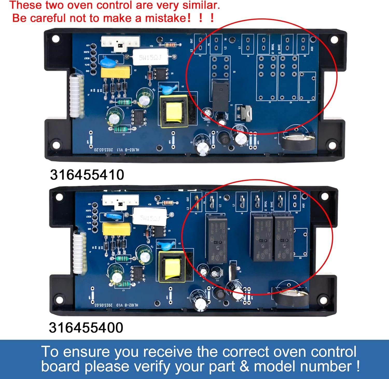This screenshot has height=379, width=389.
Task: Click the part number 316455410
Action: [87, 175]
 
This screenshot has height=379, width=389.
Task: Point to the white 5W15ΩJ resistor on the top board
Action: [150, 57]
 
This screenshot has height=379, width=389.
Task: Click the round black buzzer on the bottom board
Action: [292, 297]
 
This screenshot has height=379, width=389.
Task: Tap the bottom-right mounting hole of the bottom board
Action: [323, 300]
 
